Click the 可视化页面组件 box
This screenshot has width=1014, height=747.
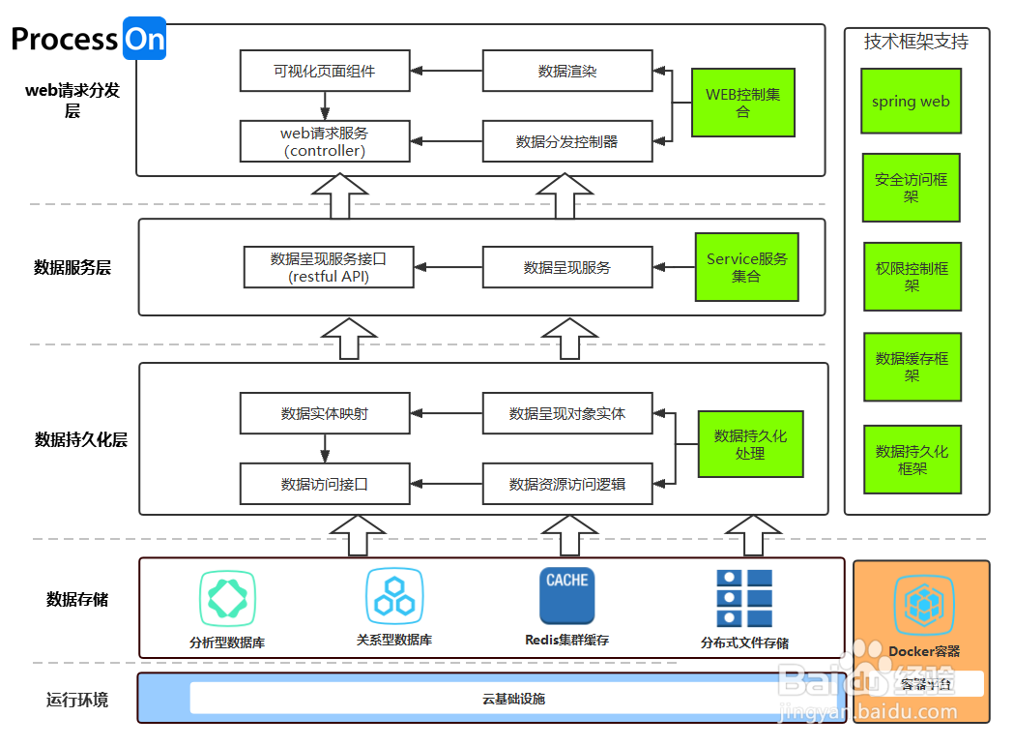[x=325, y=71]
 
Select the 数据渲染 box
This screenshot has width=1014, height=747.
[x=567, y=71]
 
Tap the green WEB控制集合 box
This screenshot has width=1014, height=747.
[x=742, y=103]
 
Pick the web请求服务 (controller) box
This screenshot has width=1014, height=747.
[x=325, y=141]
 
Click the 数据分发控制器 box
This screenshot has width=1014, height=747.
[x=567, y=141]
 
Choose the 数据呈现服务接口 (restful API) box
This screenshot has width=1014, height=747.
[x=329, y=267]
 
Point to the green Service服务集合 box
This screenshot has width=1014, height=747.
[x=746, y=267]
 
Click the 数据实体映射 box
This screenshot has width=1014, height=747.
[x=325, y=413]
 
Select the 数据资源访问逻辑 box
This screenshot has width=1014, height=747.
[x=567, y=484]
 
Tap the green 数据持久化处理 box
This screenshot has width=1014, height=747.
[x=750, y=444]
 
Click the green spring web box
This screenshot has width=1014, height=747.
[x=911, y=101]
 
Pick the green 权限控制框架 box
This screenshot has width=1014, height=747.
[x=912, y=277]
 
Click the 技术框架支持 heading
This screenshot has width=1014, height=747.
[x=915, y=42]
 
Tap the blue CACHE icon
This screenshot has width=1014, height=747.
[x=566, y=595]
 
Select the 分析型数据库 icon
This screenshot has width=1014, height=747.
[x=227, y=597]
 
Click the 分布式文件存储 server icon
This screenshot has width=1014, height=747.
[x=744, y=598]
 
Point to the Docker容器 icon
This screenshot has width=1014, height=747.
[x=923, y=605]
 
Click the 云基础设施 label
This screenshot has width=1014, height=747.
[x=513, y=698]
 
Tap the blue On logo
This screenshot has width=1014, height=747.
[x=144, y=39]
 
